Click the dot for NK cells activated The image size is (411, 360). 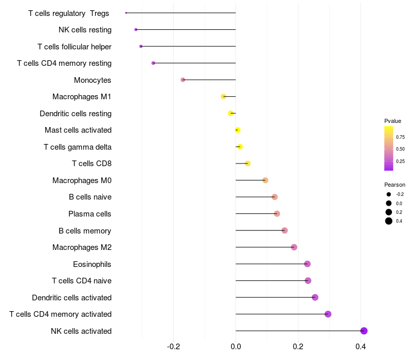364,331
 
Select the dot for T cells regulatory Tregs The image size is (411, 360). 126,13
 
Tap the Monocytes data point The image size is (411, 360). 183,80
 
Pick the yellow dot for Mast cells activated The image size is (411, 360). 237,130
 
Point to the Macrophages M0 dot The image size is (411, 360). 265,180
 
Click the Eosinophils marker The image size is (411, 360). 307,264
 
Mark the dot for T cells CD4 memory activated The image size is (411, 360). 328,314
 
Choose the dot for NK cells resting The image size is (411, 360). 136,29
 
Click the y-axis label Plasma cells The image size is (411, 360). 90,214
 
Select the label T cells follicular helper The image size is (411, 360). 74,47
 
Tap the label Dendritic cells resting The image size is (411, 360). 76,114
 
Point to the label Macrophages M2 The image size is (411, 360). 82,247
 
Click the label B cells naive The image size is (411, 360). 90,197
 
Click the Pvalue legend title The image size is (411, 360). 393,121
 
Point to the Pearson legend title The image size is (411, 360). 395,185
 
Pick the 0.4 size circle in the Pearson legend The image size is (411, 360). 389,221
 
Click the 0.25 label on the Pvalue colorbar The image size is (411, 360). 400,161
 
